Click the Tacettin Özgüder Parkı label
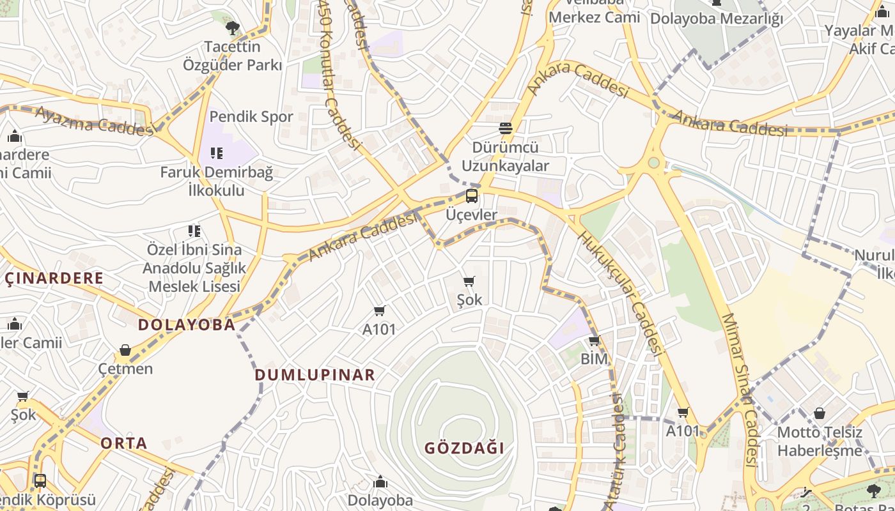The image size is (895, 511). point(232,56)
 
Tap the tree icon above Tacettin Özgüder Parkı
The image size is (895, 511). point(232,27)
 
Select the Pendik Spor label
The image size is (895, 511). point(251,116)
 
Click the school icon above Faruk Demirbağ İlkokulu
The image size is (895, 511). point(216,153)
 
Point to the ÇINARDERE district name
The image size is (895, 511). point(54,278)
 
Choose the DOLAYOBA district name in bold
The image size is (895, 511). point(187,324)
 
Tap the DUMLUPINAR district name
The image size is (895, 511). point(315,375)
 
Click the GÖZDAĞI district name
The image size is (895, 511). point(465,448)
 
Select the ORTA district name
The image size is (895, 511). point(124,443)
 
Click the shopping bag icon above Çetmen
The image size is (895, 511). point(125,350)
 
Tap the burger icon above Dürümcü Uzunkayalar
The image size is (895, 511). point(505,128)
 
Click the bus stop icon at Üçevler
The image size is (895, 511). point(472,196)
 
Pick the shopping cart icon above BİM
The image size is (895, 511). point(594,340)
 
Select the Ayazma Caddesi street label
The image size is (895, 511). point(95,120)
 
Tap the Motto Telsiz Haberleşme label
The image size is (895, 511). point(820,441)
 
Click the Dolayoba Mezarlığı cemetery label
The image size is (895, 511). point(716,19)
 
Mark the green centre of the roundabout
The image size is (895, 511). point(653,162)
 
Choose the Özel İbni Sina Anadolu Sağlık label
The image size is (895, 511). point(194,259)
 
